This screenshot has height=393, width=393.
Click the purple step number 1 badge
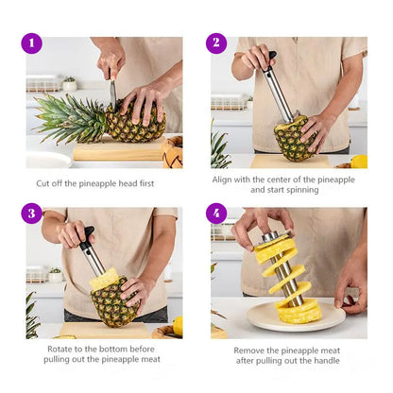32,43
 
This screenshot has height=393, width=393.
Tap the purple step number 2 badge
216,43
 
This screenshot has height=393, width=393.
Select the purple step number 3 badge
32,214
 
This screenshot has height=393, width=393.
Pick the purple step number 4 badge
216,214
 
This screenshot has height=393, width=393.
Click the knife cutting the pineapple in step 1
112,94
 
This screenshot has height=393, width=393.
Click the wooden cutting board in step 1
118,149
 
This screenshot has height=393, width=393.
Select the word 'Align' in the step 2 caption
227,178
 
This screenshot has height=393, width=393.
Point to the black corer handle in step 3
87,237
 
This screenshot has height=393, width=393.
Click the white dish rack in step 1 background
43,84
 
